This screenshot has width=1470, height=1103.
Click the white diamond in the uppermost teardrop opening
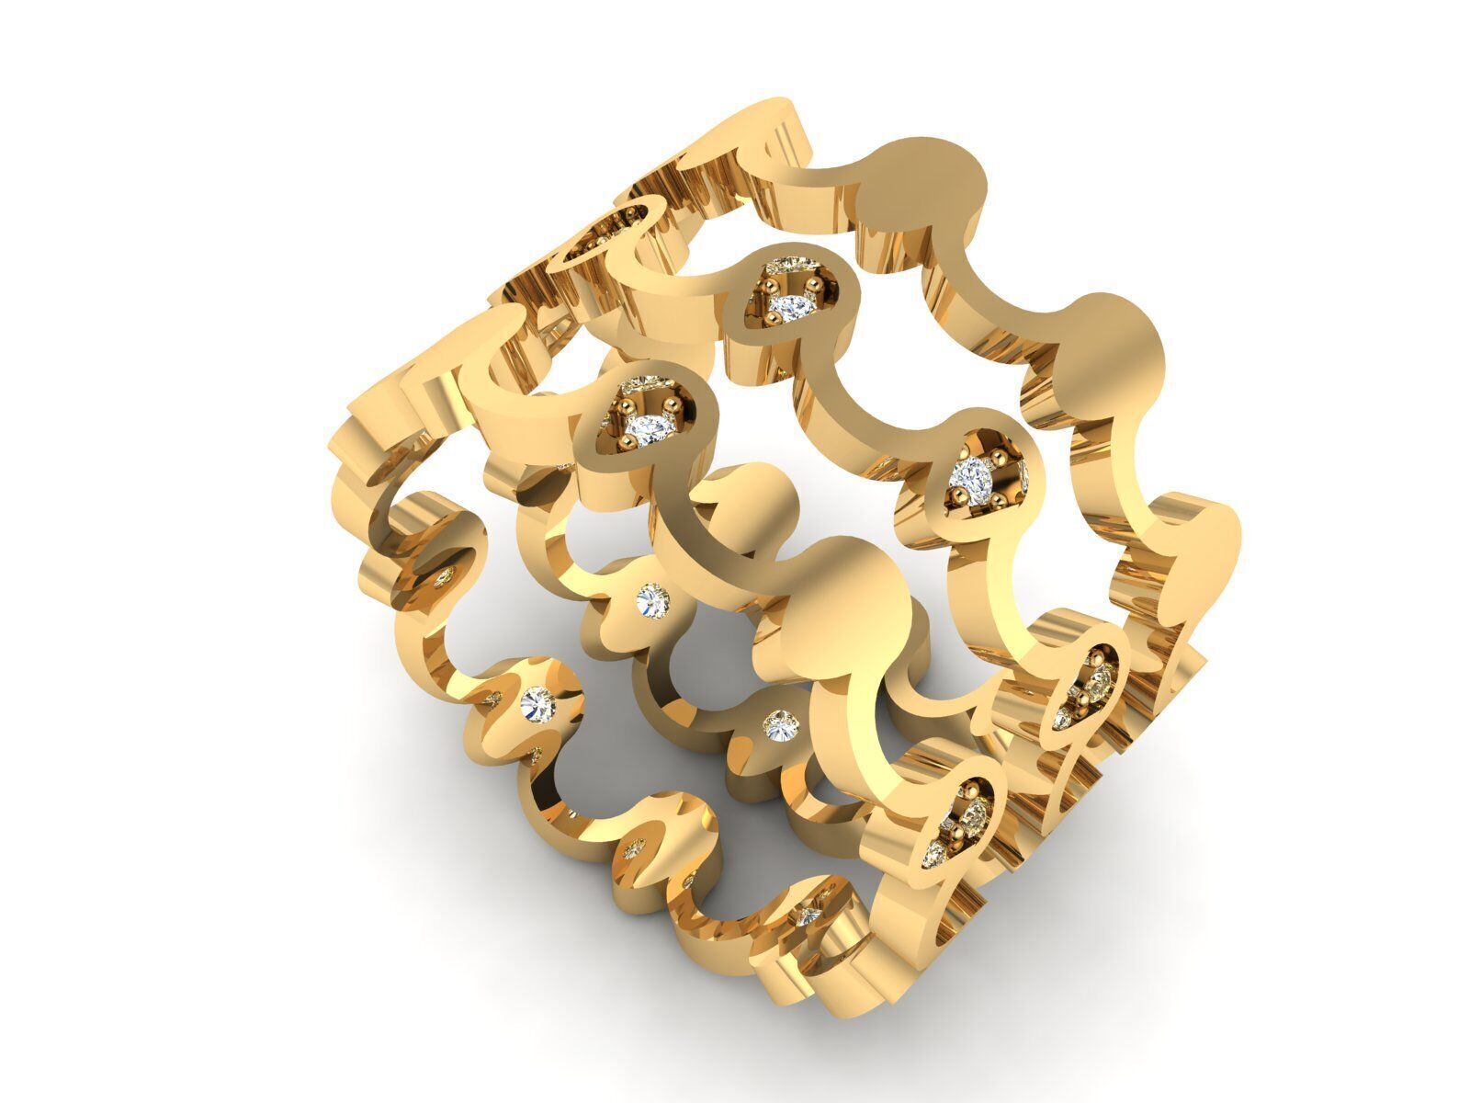787,303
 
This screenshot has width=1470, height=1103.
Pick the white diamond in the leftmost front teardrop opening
650,426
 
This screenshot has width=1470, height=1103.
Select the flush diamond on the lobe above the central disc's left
653,600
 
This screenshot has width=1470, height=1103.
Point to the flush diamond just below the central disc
780,724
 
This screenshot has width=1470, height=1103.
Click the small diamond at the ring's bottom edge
808,915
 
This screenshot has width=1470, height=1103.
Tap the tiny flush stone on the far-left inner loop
446,577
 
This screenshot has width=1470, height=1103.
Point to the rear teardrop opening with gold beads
602,230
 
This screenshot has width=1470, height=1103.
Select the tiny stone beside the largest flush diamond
492,699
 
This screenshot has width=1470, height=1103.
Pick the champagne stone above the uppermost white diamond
796,267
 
